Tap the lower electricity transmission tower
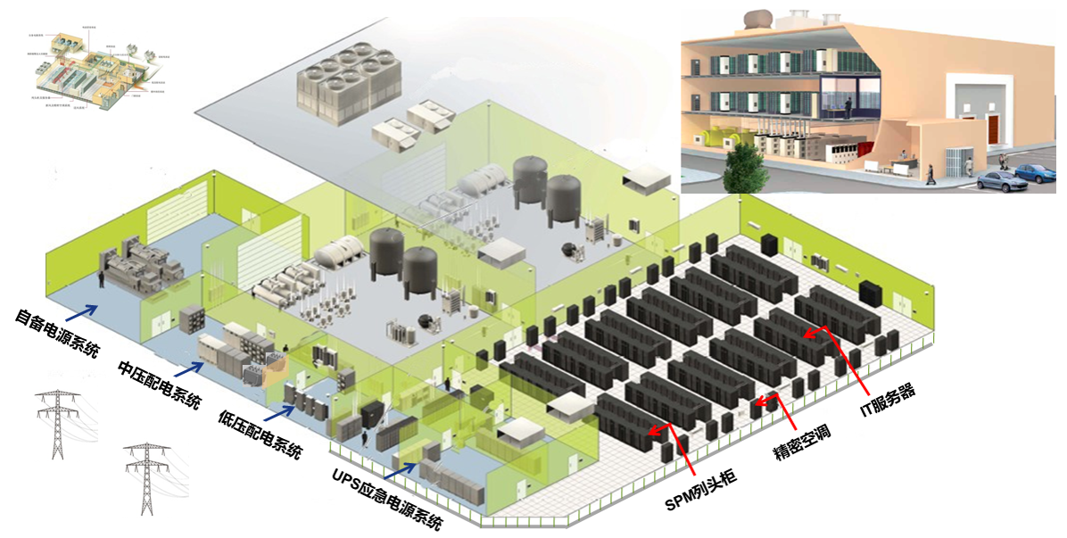(x=146, y=477)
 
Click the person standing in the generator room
(x=102, y=278)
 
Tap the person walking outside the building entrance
(x=931, y=171)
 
